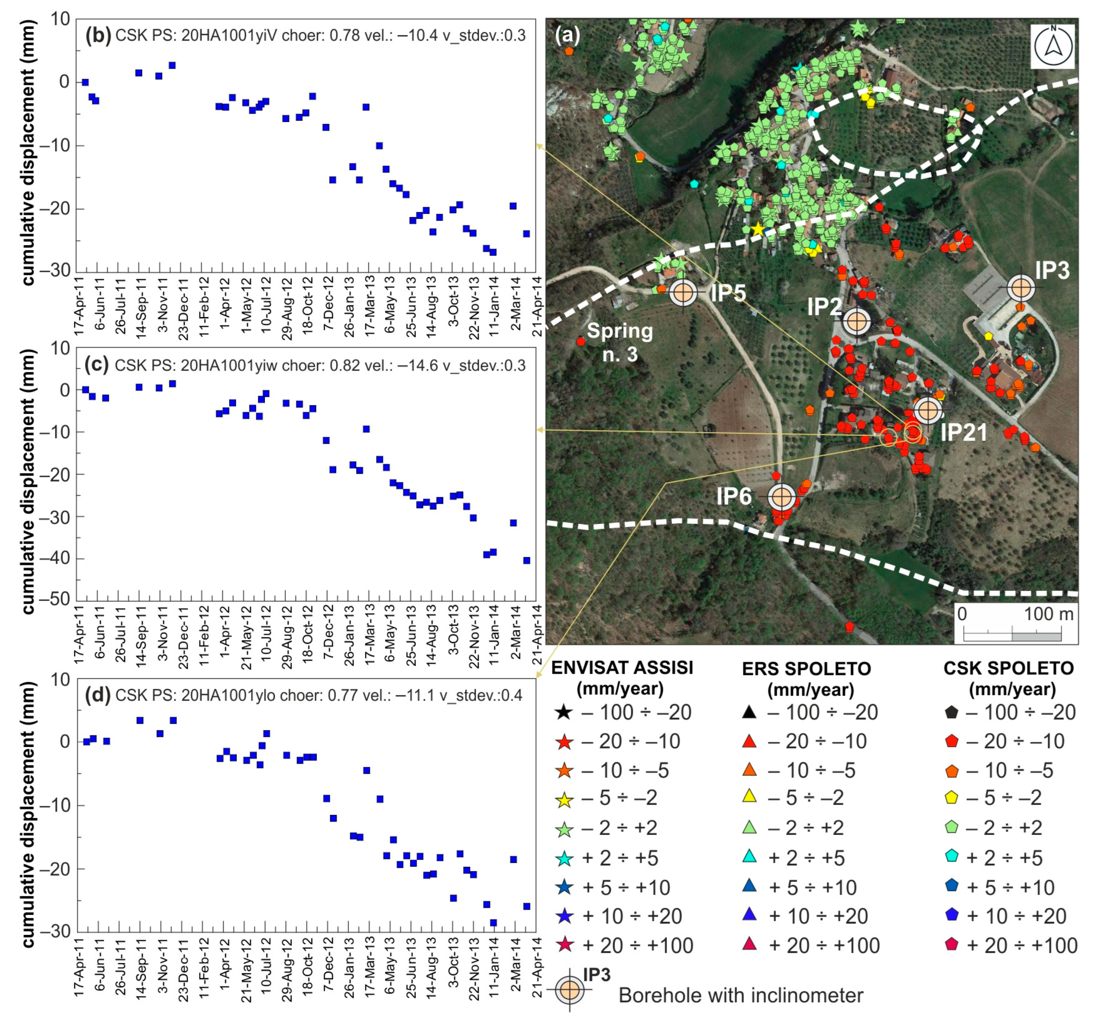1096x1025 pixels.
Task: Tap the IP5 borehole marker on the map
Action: pyautogui.click(x=683, y=292)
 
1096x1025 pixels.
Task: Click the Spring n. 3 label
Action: pyautogui.click(x=620, y=342)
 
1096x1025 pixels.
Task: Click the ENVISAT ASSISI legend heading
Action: pyautogui.click(x=622, y=668)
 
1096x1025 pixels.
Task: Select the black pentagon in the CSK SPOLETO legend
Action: pyautogui.click(x=952, y=712)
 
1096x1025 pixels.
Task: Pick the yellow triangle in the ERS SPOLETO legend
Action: pyautogui.click(x=749, y=796)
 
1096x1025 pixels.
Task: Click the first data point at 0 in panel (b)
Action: pyautogui.click(x=85, y=82)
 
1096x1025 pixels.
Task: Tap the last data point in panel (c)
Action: pyautogui.click(x=526, y=561)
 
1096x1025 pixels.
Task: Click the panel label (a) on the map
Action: pyautogui.click(x=568, y=35)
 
